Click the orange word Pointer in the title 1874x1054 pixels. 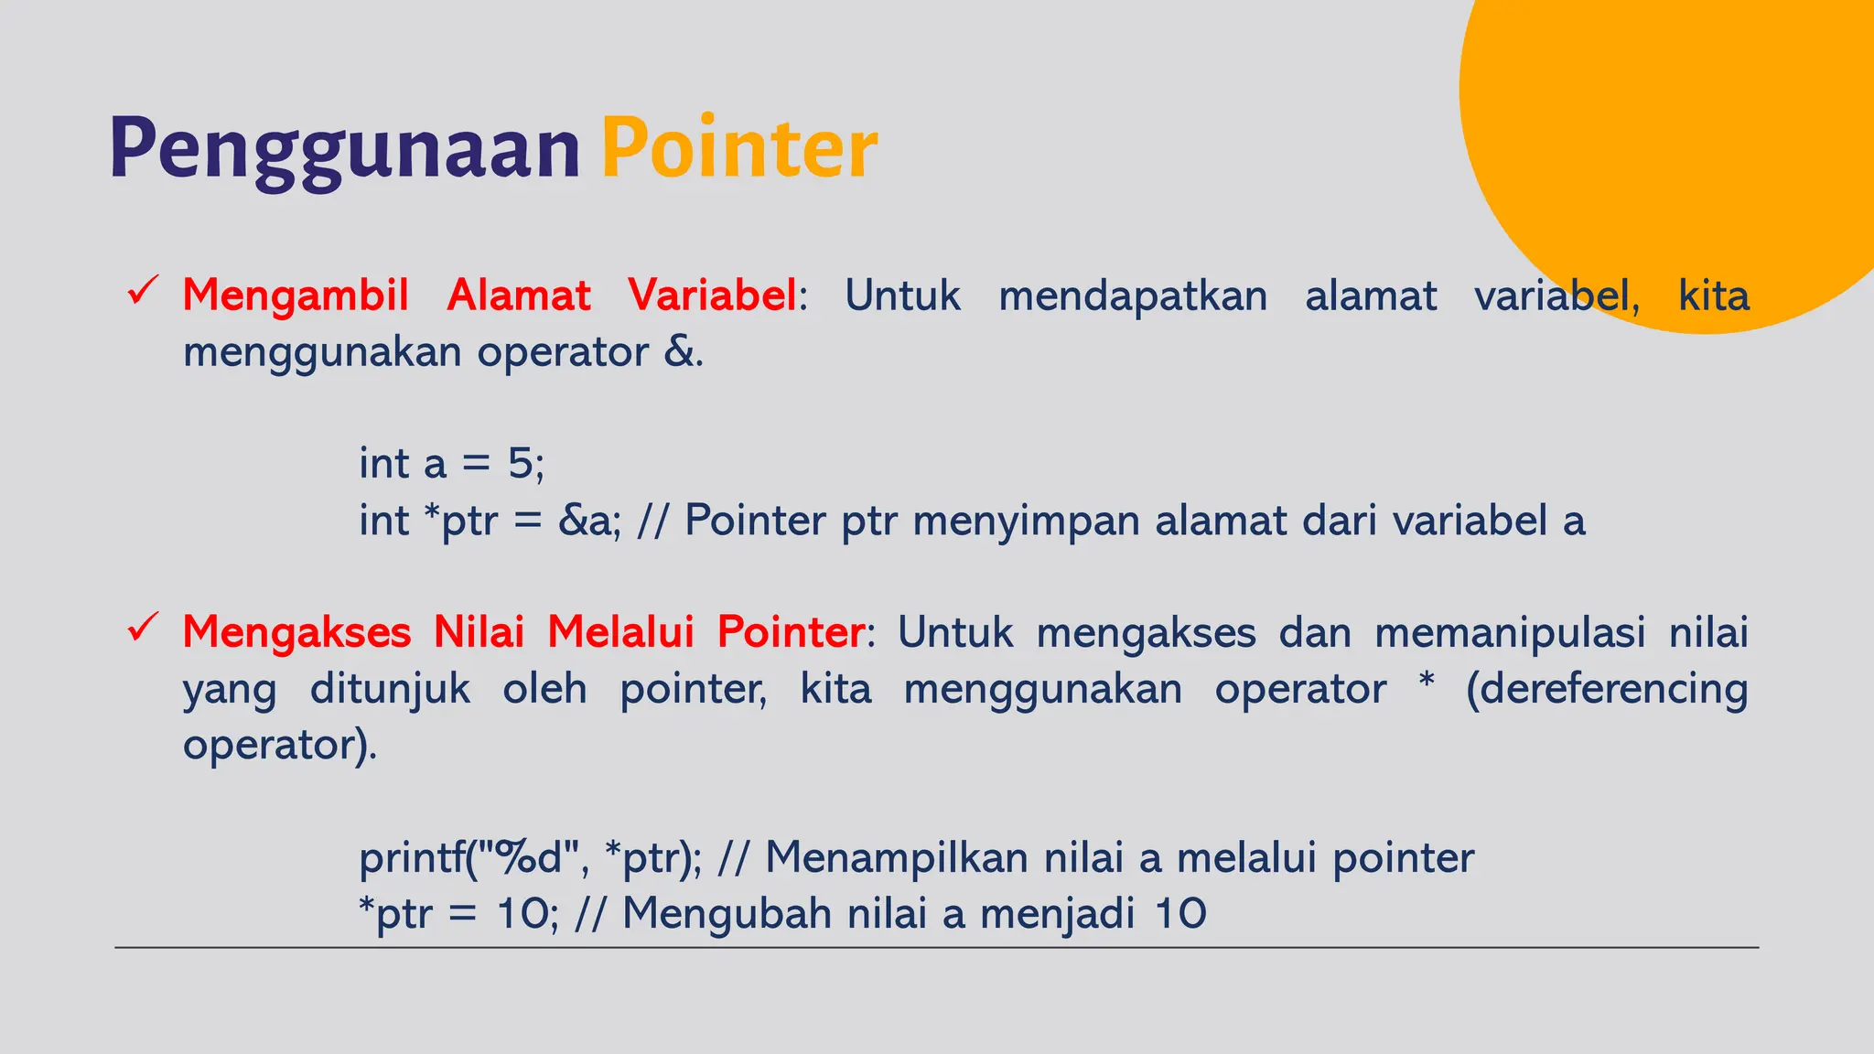coord(738,149)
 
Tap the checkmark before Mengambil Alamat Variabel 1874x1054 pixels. coord(144,292)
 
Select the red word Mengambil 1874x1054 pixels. coord(295,296)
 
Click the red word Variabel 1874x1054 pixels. coord(711,296)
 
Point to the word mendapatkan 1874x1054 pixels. coord(1132,296)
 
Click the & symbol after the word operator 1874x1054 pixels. coord(679,352)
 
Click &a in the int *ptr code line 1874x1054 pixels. coord(587,521)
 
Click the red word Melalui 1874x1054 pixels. coord(620,632)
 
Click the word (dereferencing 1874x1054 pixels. coord(1606,689)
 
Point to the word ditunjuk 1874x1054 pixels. coord(390,689)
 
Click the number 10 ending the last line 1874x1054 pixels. coord(1180,914)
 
